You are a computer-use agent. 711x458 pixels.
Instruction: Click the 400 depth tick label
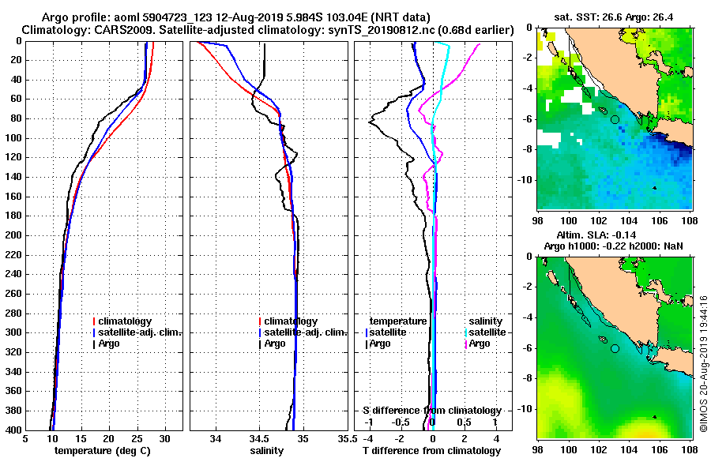(14, 430)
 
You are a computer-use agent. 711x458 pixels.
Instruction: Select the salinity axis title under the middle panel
(266, 451)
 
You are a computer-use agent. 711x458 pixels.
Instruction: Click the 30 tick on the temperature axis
(164, 438)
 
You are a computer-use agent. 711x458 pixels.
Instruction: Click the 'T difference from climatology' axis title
(431, 451)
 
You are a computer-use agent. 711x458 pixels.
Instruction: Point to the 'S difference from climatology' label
(431, 411)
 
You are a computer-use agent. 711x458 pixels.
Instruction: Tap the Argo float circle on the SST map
(615, 119)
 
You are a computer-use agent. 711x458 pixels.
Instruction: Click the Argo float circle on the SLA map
(615, 348)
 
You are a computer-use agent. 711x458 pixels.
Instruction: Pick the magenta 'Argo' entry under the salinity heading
(479, 343)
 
